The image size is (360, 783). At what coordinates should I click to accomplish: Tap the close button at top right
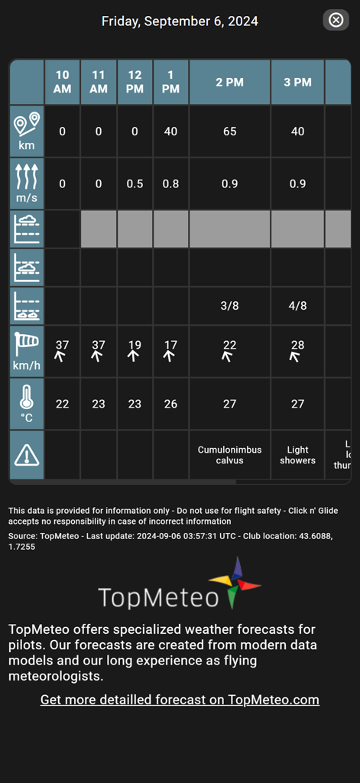(336, 21)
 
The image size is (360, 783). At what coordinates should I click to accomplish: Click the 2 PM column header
(229, 82)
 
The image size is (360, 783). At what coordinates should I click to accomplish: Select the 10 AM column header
(63, 82)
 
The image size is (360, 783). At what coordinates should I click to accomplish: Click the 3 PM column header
(297, 82)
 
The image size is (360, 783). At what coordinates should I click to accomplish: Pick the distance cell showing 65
(229, 132)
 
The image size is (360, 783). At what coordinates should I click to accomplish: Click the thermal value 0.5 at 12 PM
(135, 184)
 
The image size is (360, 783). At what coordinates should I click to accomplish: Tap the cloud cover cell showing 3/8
(229, 306)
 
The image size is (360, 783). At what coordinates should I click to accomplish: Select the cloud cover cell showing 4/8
(297, 306)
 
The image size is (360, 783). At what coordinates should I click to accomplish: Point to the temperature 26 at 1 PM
(170, 404)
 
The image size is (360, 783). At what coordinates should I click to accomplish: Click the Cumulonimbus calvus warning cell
(229, 455)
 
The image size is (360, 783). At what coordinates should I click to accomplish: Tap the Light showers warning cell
(297, 455)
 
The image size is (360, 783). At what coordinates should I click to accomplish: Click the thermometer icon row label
(27, 404)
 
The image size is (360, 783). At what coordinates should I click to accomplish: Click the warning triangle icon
(27, 456)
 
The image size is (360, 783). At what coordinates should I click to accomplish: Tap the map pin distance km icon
(27, 131)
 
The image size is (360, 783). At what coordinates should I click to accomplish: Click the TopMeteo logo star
(236, 583)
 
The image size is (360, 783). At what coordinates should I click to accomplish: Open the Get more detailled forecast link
(180, 700)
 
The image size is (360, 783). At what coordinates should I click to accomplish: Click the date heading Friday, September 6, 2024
(180, 21)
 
